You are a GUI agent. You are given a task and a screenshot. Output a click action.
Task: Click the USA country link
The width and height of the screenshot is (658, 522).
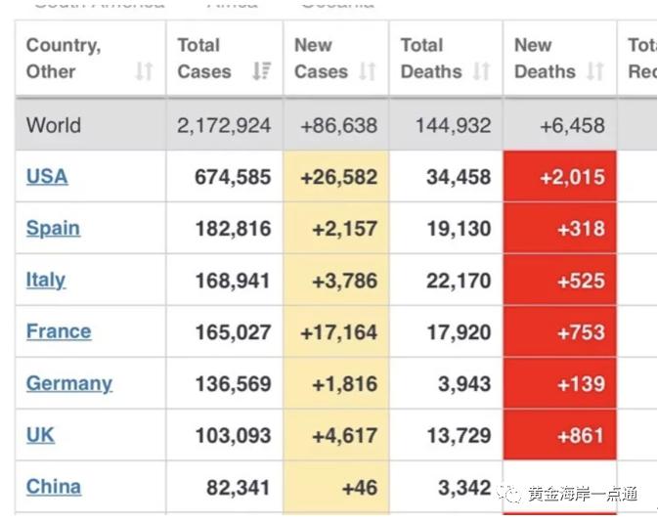[x=47, y=177]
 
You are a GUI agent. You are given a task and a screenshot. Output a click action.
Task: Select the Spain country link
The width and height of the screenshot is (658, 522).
[x=53, y=229]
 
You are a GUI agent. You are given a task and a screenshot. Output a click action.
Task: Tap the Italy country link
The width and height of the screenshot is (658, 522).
[x=46, y=281]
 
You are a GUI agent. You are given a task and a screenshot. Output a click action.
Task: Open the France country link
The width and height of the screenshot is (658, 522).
[x=59, y=331]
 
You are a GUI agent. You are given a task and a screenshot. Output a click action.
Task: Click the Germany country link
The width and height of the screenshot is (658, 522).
[x=69, y=383]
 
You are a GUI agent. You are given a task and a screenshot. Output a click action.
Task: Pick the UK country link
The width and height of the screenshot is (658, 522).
[x=41, y=435]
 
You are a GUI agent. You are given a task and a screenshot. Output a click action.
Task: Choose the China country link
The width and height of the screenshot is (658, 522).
[x=54, y=487]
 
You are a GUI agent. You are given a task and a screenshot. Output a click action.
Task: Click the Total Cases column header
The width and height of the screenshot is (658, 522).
[x=204, y=59]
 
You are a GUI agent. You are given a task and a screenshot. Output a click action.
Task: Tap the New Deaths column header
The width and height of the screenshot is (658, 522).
[x=545, y=59]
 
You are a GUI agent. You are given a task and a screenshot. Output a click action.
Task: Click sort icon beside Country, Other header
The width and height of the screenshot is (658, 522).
[x=144, y=71]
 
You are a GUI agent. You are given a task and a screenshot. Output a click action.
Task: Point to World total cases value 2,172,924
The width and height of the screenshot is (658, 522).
[x=224, y=126]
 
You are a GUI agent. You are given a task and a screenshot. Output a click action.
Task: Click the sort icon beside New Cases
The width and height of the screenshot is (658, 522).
[x=368, y=71]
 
